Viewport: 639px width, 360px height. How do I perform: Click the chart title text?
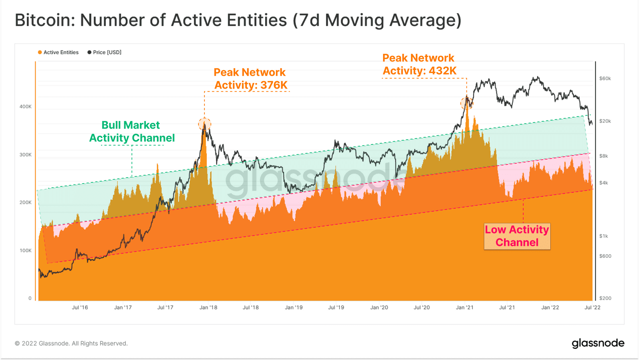[x=238, y=20]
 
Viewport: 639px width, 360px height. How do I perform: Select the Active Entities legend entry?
[x=58, y=52]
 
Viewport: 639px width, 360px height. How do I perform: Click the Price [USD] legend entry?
[x=105, y=52]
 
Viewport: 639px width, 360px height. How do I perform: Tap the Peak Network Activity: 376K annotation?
[x=250, y=79]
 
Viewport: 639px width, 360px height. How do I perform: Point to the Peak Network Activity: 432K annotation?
[x=419, y=64]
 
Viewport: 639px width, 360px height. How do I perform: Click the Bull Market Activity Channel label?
[x=131, y=131]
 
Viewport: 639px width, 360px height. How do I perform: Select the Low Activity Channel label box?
[x=517, y=236]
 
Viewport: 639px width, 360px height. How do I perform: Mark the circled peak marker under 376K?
[x=204, y=124]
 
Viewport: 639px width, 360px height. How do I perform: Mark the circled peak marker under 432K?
[x=466, y=103]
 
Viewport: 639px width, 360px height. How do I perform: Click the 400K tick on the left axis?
[x=26, y=107]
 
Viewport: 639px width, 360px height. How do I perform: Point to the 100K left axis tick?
[x=26, y=251]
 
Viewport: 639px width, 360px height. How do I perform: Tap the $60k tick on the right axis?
[x=605, y=79]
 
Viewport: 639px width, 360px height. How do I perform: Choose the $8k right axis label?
[x=603, y=156]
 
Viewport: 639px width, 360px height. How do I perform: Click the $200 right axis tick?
[x=605, y=298]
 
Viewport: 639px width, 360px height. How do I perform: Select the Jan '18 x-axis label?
[x=208, y=307]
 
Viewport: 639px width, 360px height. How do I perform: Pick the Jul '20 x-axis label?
[x=421, y=307]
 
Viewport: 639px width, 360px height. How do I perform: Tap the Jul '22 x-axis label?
[x=592, y=307]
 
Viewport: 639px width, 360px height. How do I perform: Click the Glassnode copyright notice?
[x=71, y=343]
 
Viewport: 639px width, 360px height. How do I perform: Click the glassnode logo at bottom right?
[x=597, y=343]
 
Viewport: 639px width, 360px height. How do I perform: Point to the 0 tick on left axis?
[x=30, y=298]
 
